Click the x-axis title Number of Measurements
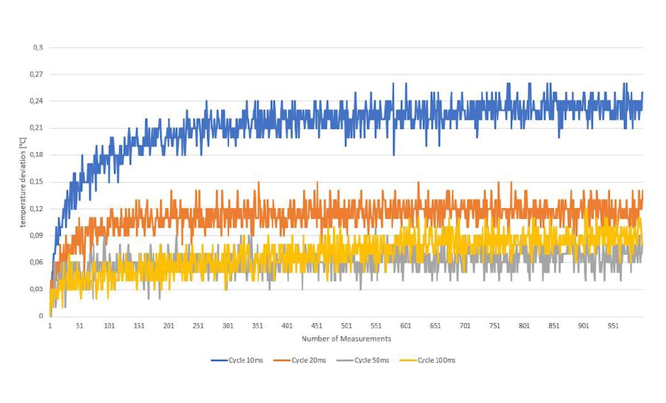[346, 339]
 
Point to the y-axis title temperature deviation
[23, 181]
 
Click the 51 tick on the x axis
[79, 326]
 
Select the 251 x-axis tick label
[198, 326]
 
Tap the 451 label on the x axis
[317, 326]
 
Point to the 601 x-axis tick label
[406, 326]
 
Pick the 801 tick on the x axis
[524, 326]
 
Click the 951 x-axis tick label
[614, 326]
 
